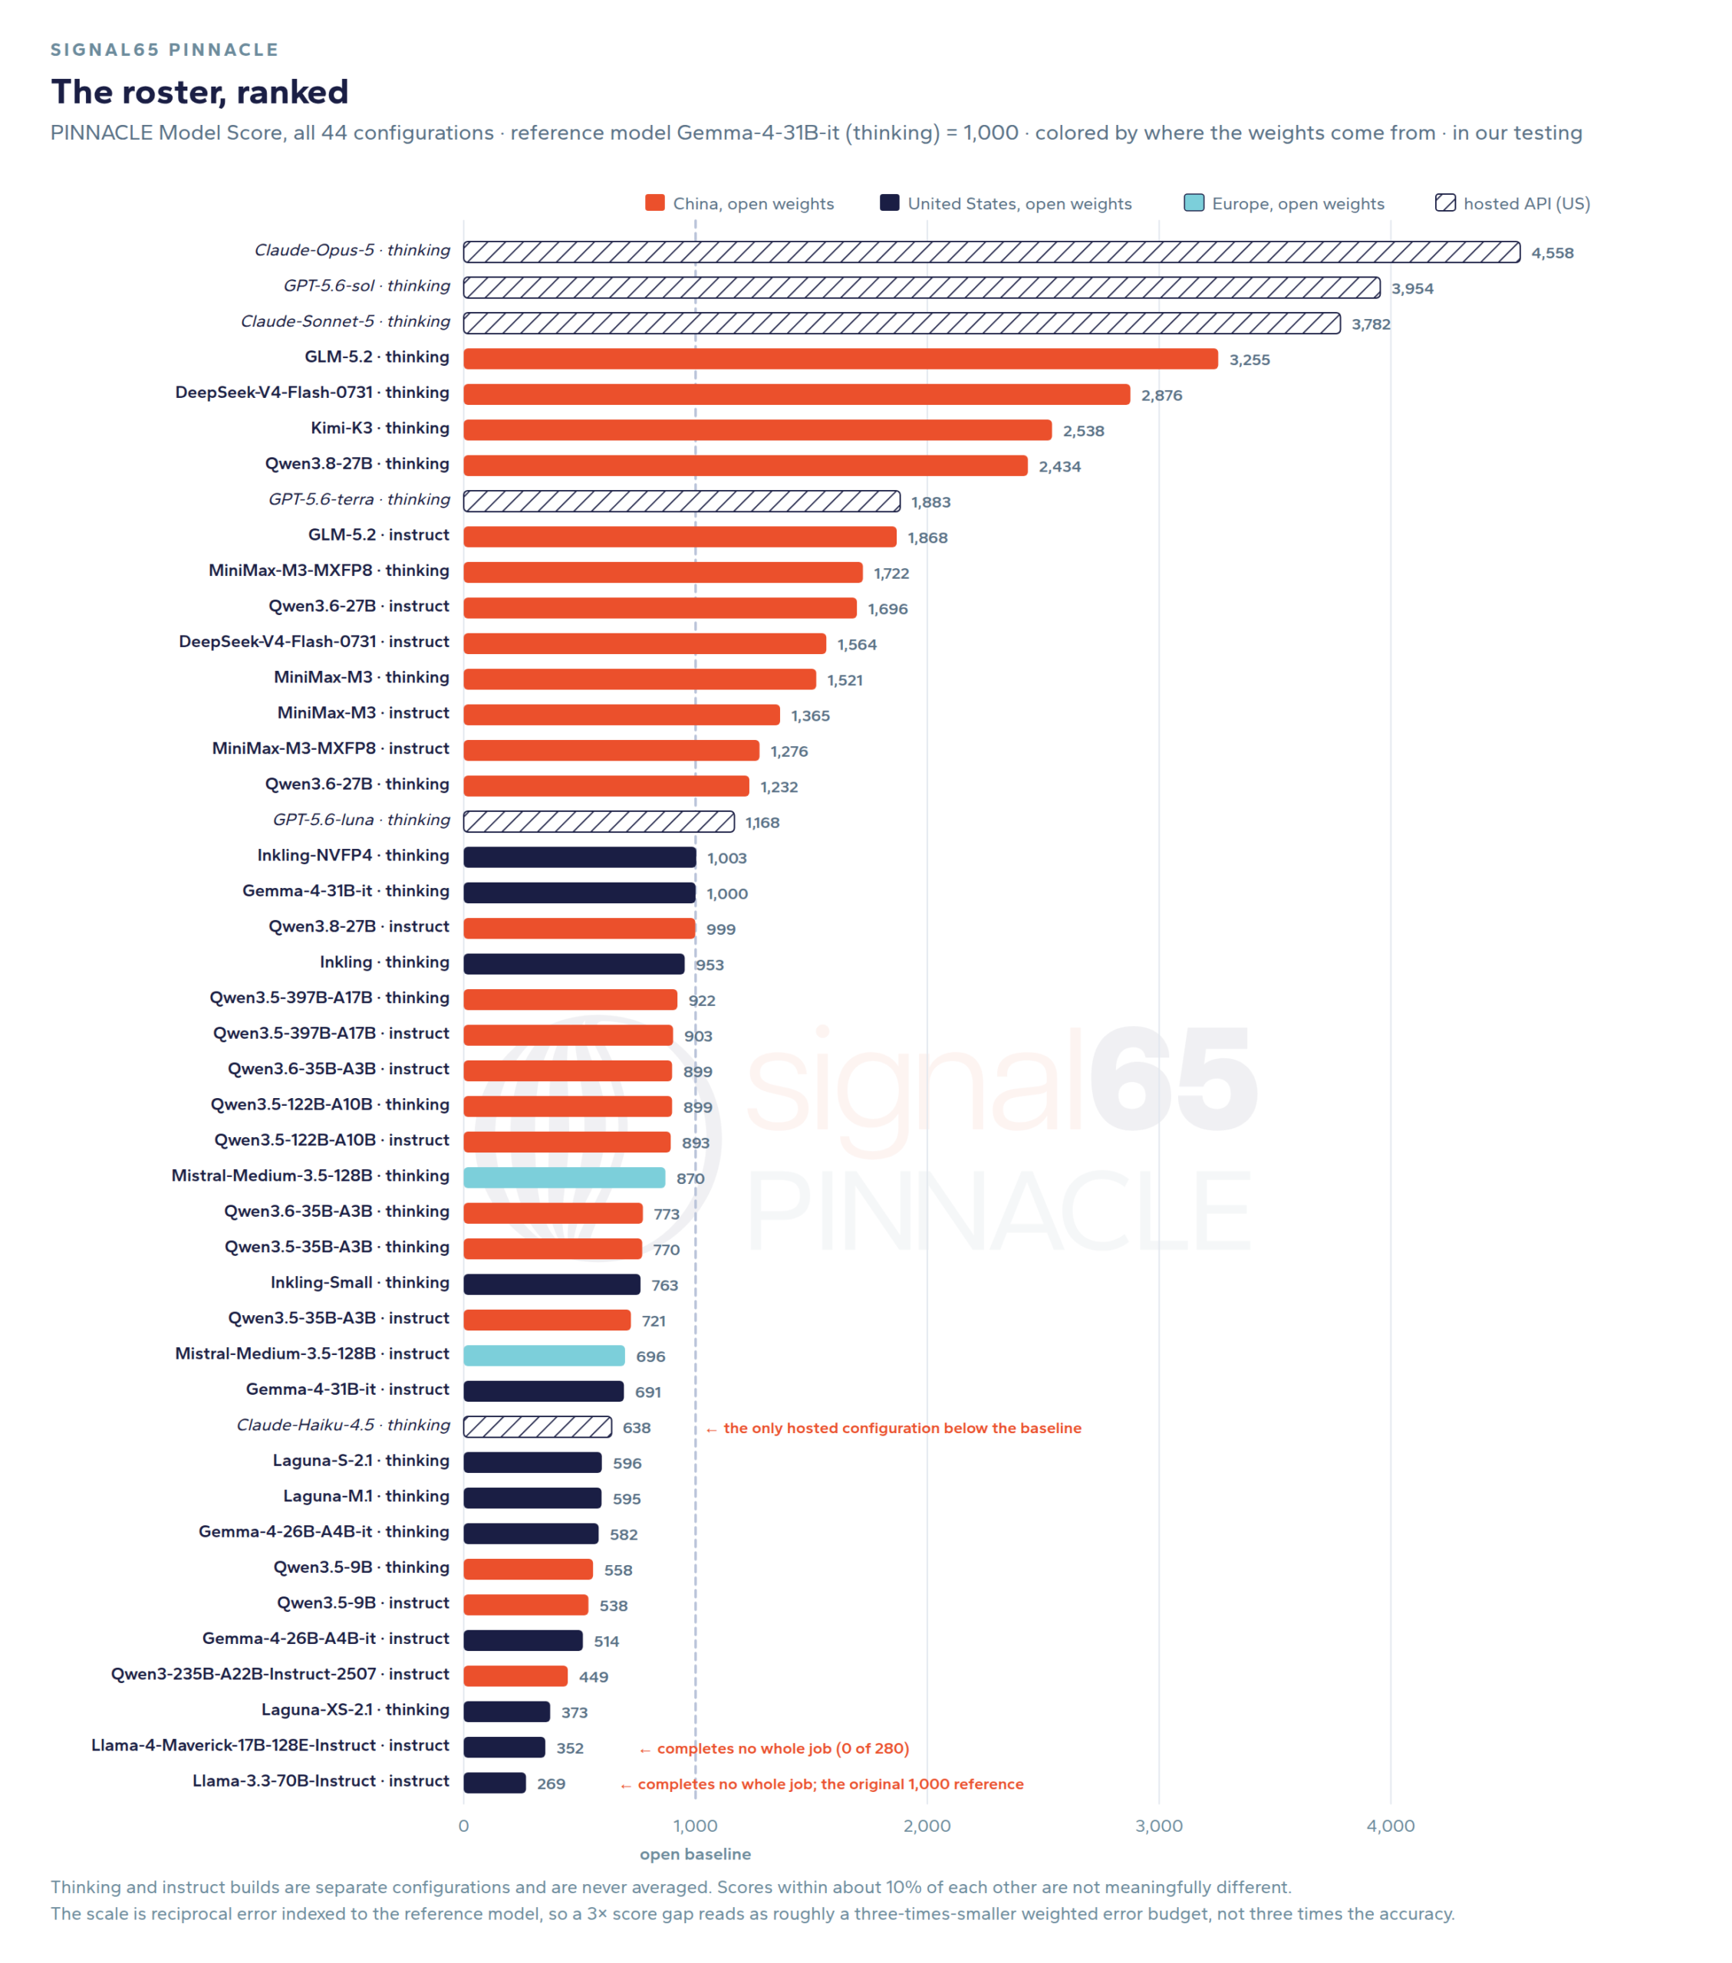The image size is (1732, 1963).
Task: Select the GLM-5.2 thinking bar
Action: (841, 358)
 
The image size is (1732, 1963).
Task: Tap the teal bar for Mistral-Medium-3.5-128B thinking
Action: (564, 1177)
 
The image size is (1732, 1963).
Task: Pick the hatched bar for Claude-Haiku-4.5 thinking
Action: (537, 1426)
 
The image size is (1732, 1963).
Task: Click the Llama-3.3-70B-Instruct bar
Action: (495, 1783)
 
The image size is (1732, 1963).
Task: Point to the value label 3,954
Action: (1412, 288)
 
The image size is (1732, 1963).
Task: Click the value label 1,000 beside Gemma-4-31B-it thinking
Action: (727, 893)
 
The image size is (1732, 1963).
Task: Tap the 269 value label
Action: (552, 1784)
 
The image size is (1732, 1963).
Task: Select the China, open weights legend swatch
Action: (655, 202)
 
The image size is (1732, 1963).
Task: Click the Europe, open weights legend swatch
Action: (1194, 202)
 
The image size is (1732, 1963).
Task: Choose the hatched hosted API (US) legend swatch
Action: (1445, 202)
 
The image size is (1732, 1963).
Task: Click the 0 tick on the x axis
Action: (464, 1826)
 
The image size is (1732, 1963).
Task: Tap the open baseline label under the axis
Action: (696, 1853)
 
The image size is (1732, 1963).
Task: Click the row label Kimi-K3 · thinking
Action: (380, 427)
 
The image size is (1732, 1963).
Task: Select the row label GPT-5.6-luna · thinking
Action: (361, 819)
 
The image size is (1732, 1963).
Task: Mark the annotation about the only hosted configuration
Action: (894, 1428)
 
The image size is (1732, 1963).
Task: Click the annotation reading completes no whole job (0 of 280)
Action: (774, 1748)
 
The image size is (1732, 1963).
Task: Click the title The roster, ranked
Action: (199, 91)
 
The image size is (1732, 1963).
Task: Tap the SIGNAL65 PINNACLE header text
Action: (164, 49)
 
